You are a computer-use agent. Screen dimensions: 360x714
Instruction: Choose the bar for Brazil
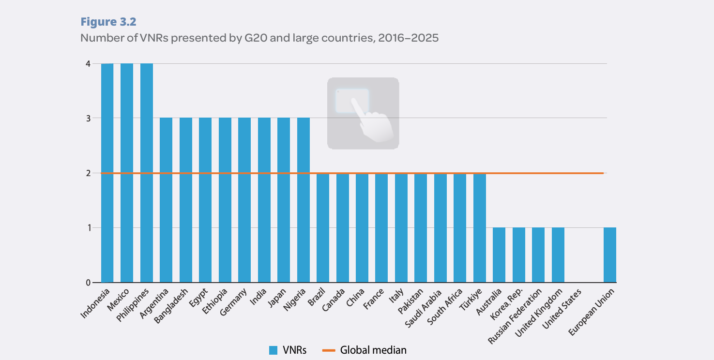point(323,227)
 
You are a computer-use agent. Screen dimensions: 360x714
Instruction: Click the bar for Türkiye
point(479,227)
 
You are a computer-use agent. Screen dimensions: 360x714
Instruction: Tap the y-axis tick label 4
point(88,63)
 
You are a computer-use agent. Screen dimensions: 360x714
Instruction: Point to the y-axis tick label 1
point(88,228)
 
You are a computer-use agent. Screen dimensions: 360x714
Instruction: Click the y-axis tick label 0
point(88,283)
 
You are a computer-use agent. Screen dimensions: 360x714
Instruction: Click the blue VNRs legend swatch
point(273,350)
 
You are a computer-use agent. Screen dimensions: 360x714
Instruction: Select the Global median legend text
point(373,350)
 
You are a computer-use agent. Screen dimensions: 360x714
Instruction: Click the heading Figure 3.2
point(108,22)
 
